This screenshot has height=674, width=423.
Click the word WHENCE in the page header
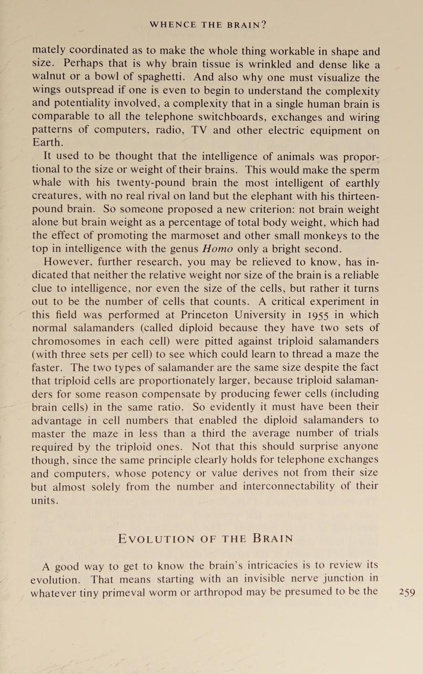[173, 25]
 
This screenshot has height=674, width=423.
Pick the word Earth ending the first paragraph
[47, 142]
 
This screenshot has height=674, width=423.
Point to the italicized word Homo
[218, 249]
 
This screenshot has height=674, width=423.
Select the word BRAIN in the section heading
[273, 539]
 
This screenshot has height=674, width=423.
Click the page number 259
[407, 592]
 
